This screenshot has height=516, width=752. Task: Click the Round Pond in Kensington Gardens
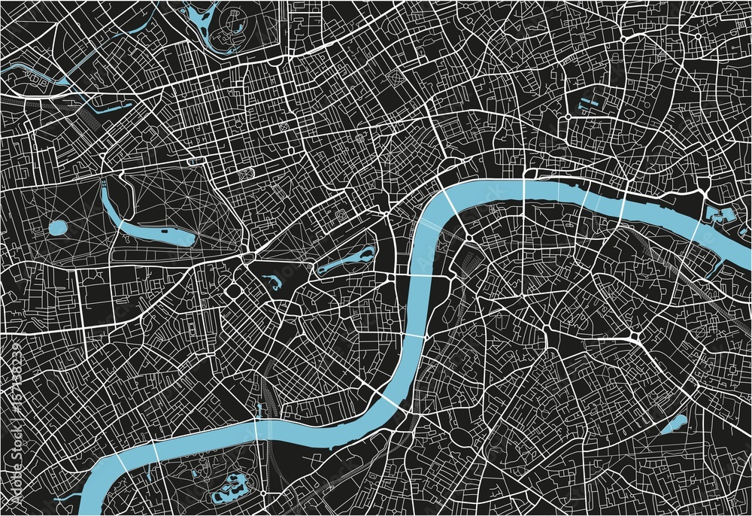pyautogui.click(x=58, y=226)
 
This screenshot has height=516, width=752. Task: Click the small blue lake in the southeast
pyautogui.click(x=675, y=425)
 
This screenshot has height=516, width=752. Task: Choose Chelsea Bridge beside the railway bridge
pyautogui.click(x=256, y=429)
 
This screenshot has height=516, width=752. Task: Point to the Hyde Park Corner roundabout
pyautogui.click(x=247, y=258)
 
